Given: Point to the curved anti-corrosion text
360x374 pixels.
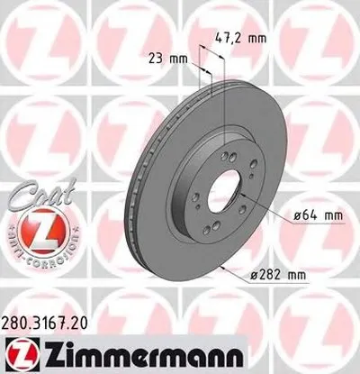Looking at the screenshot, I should (x=37, y=239).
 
